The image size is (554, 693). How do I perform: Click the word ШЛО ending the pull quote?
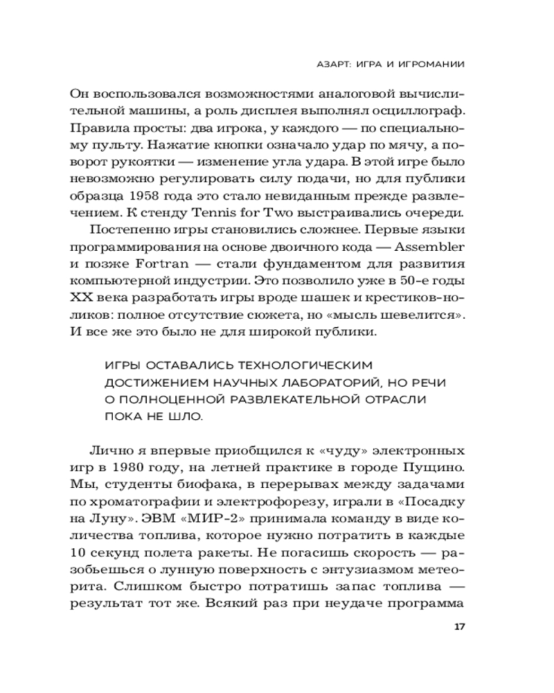(187, 418)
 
